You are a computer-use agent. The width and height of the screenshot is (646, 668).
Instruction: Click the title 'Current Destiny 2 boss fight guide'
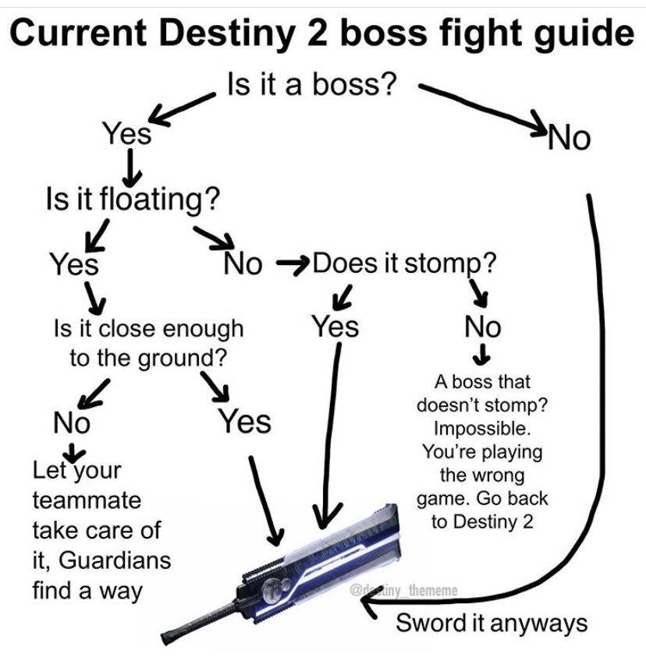(x=323, y=33)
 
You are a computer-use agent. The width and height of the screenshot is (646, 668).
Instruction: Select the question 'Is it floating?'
(x=131, y=200)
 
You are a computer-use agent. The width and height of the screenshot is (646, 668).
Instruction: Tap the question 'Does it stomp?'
(x=404, y=263)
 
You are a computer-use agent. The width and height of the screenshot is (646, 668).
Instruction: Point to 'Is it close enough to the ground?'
(x=148, y=344)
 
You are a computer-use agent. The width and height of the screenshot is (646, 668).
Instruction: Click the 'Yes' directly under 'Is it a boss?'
(x=128, y=134)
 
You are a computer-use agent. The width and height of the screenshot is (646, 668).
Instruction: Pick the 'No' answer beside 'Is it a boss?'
(x=570, y=138)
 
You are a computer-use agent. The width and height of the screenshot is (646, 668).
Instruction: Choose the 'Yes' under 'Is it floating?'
(x=75, y=264)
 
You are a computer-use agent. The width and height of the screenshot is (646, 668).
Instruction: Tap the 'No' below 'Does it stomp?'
(x=482, y=326)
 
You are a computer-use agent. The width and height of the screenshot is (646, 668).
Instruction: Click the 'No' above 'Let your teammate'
(x=72, y=423)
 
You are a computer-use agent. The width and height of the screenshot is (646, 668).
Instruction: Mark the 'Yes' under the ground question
(x=244, y=422)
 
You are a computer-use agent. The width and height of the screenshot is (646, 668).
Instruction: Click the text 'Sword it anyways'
(x=492, y=623)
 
